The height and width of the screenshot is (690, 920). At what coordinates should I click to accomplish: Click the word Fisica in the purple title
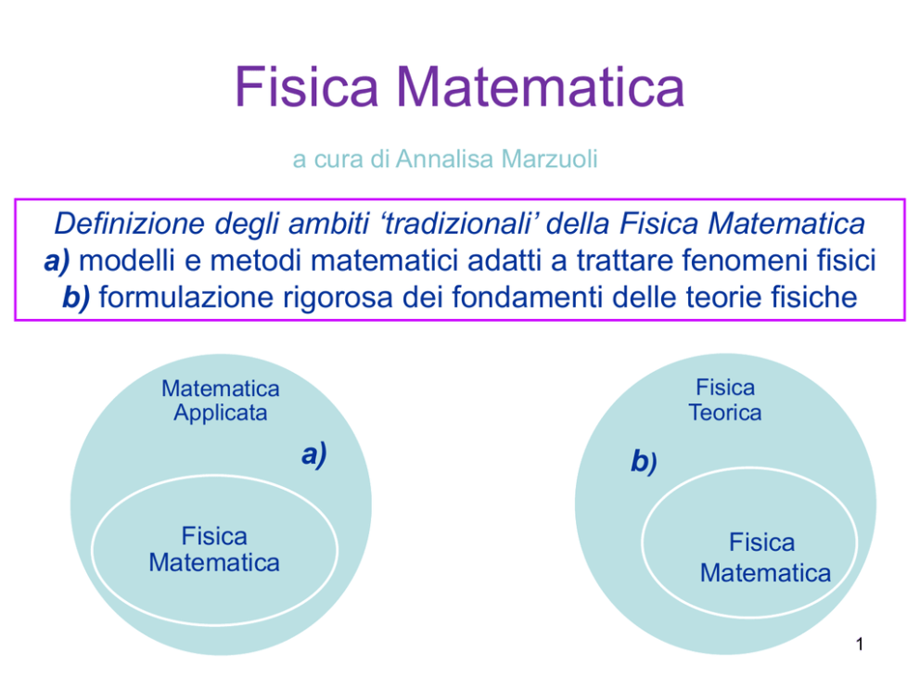point(306,86)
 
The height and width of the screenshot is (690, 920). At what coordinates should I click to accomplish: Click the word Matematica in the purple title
point(541,86)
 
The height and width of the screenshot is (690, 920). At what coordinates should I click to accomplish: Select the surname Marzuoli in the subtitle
point(549,159)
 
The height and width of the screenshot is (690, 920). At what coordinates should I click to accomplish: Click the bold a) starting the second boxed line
point(57,261)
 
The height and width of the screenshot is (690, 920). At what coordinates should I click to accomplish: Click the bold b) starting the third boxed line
point(76,298)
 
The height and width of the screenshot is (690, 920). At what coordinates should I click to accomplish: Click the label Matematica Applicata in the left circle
point(221,401)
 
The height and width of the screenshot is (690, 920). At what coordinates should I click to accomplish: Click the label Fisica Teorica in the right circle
point(725,400)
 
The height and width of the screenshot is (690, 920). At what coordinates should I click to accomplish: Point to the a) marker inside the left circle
point(313,455)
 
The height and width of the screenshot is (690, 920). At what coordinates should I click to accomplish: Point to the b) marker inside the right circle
point(644,461)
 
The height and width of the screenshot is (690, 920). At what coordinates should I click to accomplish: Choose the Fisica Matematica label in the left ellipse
point(214,549)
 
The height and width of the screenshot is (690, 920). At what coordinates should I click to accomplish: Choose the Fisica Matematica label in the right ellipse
point(765,558)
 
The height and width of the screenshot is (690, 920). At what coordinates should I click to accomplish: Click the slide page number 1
point(860,645)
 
